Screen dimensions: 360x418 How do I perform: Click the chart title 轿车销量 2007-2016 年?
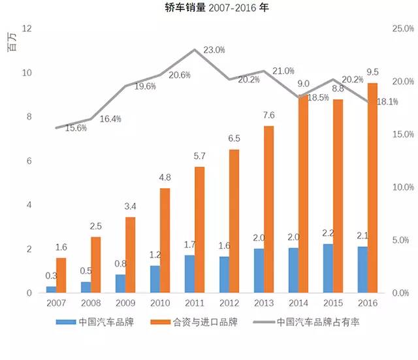[208, 8]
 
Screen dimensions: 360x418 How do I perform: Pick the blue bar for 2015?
[327, 269]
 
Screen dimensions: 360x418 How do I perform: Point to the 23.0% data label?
[214, 50]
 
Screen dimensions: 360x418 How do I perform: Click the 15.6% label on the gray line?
[76, 128]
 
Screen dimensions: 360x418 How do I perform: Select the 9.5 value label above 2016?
[373, 72]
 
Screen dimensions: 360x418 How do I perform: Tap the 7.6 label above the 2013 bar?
[268, 115]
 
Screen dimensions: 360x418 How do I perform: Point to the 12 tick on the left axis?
[27, 29]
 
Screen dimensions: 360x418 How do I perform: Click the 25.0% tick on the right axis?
[402, 29]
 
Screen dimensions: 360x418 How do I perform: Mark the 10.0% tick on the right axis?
[402, 188]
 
